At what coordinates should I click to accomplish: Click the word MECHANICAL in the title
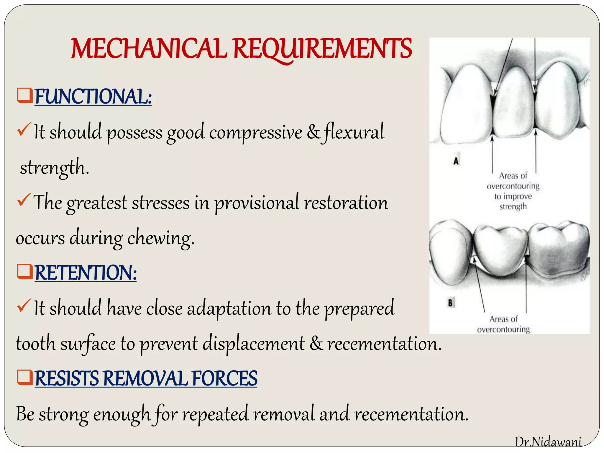coord(149,49)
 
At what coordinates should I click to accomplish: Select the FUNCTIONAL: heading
coord(93,96)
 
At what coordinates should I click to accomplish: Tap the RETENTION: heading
coord(86,273)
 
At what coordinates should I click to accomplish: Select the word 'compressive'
coord(256,132)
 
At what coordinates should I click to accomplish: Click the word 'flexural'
coord(354,132)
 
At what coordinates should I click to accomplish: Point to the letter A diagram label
coord(456,161)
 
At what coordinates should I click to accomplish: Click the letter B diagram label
coord(450,303)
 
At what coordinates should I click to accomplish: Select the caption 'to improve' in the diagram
coord(513,196)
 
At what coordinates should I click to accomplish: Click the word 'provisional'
coord(257,203)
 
